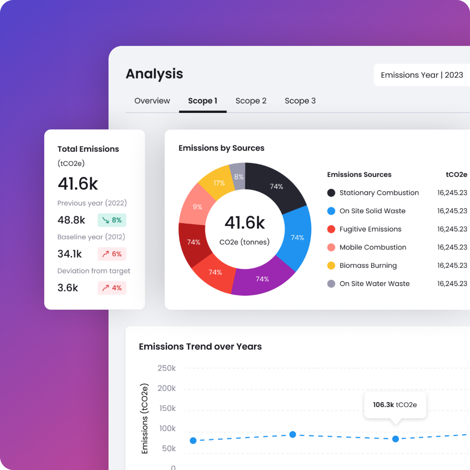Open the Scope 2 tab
pyautogui.click(x=251, y=101)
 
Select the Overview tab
pyautogui.click(x=152, y=101)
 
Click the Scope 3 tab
pyautogui.click(x=300, y=101)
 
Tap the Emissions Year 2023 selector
pyautogui.click(x=422, y=75)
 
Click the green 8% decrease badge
pyautogui.click(x=112, y=220)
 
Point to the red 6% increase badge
pyautogui.click(x=112, y=254)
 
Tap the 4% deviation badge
pyautogui.click(x=112, y=288)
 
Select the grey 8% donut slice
pyautogui.click(x=239, y=176)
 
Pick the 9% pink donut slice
pyautogui.click(x=197, y=207)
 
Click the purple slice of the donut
pyautogui.click(x=262, y=279)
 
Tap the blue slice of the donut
pyautogui.click(x=297, y=237)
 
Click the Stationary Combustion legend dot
pyautogui.click(x=331, y=193)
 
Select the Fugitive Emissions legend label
pyautogui.click(x=370, y=229)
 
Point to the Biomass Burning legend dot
pyautogui.click(x=331, y=265)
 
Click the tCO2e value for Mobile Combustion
pyautogui.click(x=452, y=247)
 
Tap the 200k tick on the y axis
pyautogui.click(x=166, y=388)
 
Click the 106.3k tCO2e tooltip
pyautogui.click(x=395, y=405)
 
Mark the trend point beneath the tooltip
pyautogui.click(x=395, y=439)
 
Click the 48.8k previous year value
pyautogui.click(x=71, y=220)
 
